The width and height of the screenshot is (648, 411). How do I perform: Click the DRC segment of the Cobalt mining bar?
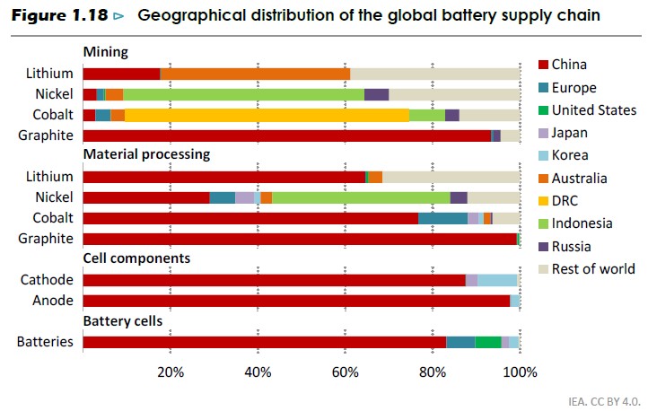(x=267, y=115)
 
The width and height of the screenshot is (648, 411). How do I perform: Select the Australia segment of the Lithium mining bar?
(x=255, y=74)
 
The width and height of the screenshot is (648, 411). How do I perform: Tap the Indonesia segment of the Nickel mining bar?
(x=243, y=94)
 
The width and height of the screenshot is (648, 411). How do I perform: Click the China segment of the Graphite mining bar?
(x=286, y=136)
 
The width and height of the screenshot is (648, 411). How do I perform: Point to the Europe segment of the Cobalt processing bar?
(x=442, y=218)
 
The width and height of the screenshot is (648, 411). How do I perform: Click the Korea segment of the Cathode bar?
(x=497, y=280)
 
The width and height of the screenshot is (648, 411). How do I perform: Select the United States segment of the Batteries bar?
(x=488, y=342)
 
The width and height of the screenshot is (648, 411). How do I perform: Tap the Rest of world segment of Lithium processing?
(x=451, y=177)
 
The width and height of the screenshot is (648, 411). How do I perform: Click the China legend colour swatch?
(x=541, y=64)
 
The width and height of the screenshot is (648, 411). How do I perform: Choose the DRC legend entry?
(x=566, y=200)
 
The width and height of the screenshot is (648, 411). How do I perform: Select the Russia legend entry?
(x=572, y=246)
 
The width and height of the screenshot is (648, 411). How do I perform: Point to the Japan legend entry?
(x=571, y=132)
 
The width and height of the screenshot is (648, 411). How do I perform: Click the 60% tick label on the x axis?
(x=346, y=372)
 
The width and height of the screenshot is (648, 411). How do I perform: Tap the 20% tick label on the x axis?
(x=171, y=372)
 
